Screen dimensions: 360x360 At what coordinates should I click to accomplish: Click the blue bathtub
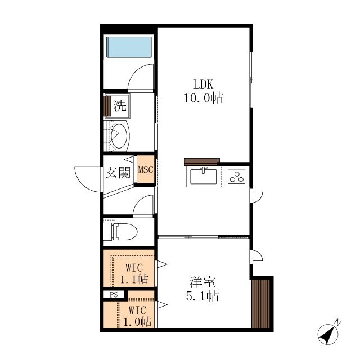click(x=129, y=47)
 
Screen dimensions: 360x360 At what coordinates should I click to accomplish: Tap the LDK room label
click(x=204, y=84)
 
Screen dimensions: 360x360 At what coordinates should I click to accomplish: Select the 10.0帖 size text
click(x=204, y=98)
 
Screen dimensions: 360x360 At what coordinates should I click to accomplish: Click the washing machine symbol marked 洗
click(x=118, y=106)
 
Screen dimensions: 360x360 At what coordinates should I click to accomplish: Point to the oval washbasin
click(x=119, y=136)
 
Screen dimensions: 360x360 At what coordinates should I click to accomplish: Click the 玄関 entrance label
click(x=118, y=173)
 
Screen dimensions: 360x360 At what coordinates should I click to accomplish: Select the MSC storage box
click(x=146, y=169)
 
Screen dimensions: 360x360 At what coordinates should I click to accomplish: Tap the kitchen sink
click(x=204, y=176)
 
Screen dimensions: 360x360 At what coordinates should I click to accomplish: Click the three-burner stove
click(x=236, y=177)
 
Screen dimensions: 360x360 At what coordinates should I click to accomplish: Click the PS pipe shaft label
click(x=114, y=294)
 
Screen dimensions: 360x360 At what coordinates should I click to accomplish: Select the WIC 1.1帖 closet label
click(x=134, y=273)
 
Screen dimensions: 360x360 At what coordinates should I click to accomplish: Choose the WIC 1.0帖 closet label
click(x=137, y=316)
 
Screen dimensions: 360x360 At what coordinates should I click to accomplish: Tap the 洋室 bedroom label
click(x=202, y=282)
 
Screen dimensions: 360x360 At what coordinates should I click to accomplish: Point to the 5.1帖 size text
click(x=202, y=296)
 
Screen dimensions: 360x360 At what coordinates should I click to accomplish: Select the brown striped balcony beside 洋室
click(x=260, y=304)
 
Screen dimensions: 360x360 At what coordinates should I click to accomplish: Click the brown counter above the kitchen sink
click(x=202, y=161)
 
